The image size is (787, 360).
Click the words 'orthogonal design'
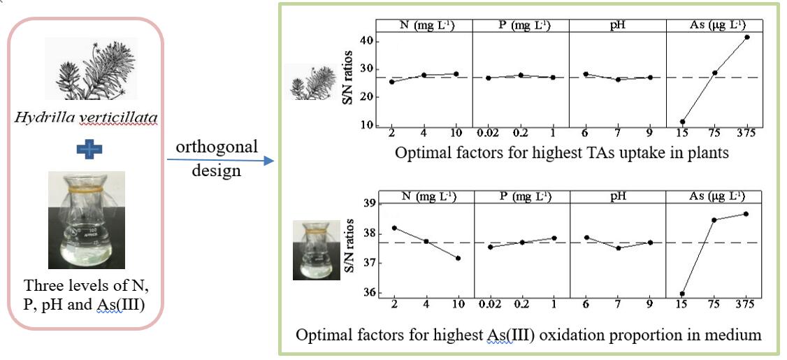pyautogui.click(x=216, y=159)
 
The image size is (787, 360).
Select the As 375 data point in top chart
pyautogui.click(x=746, y=37)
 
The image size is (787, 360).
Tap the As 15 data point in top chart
pyautogui.click(x=682, y=122)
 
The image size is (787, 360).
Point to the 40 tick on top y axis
pyautogui.click(x=364, y=42)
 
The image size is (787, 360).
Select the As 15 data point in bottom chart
pyautogui.click(x=682, y=294)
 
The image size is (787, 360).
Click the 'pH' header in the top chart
pyautogui.click(x=617, y=26)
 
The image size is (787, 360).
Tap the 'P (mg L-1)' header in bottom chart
pyautogui.click(x=521, y=197)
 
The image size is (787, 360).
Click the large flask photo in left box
pyautogui.click(x=86, y=220)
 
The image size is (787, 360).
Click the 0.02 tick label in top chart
pyautogui.click(x=488, y=134)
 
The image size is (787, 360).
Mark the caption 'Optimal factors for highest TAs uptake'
pyautogui.click(x=562, y=153)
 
